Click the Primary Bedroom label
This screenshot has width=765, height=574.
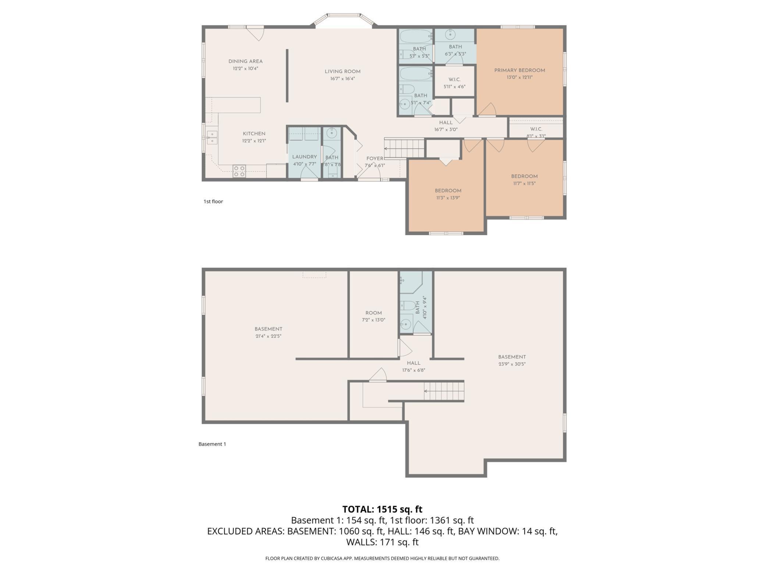click(519, 70)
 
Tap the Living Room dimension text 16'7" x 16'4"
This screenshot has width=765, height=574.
click(342, 79)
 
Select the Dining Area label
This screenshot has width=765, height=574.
click(245, 61)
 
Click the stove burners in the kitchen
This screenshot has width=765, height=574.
click(239, 171)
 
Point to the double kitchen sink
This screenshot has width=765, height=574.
click(212, 138)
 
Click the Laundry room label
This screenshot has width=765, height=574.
click(305, 157)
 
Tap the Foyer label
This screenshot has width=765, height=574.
click(375, 159)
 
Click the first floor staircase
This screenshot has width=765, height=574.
click(405, 148)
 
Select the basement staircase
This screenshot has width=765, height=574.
click(444, 391)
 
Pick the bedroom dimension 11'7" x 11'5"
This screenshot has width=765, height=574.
click(524, 183)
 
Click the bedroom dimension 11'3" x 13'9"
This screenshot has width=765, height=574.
click(448, 198)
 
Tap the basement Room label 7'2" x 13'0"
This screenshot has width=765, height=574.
click(374, 316)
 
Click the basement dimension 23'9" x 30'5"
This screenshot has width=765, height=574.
click(512, 364)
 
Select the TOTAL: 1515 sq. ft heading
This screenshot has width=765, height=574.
click(382, 509)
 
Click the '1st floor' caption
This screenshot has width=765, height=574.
click(213, 201)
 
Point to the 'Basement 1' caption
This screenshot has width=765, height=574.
click(212, 444)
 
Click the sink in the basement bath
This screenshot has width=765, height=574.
click(406, 324)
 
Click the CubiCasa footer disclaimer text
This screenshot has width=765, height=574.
click(382, 559)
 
